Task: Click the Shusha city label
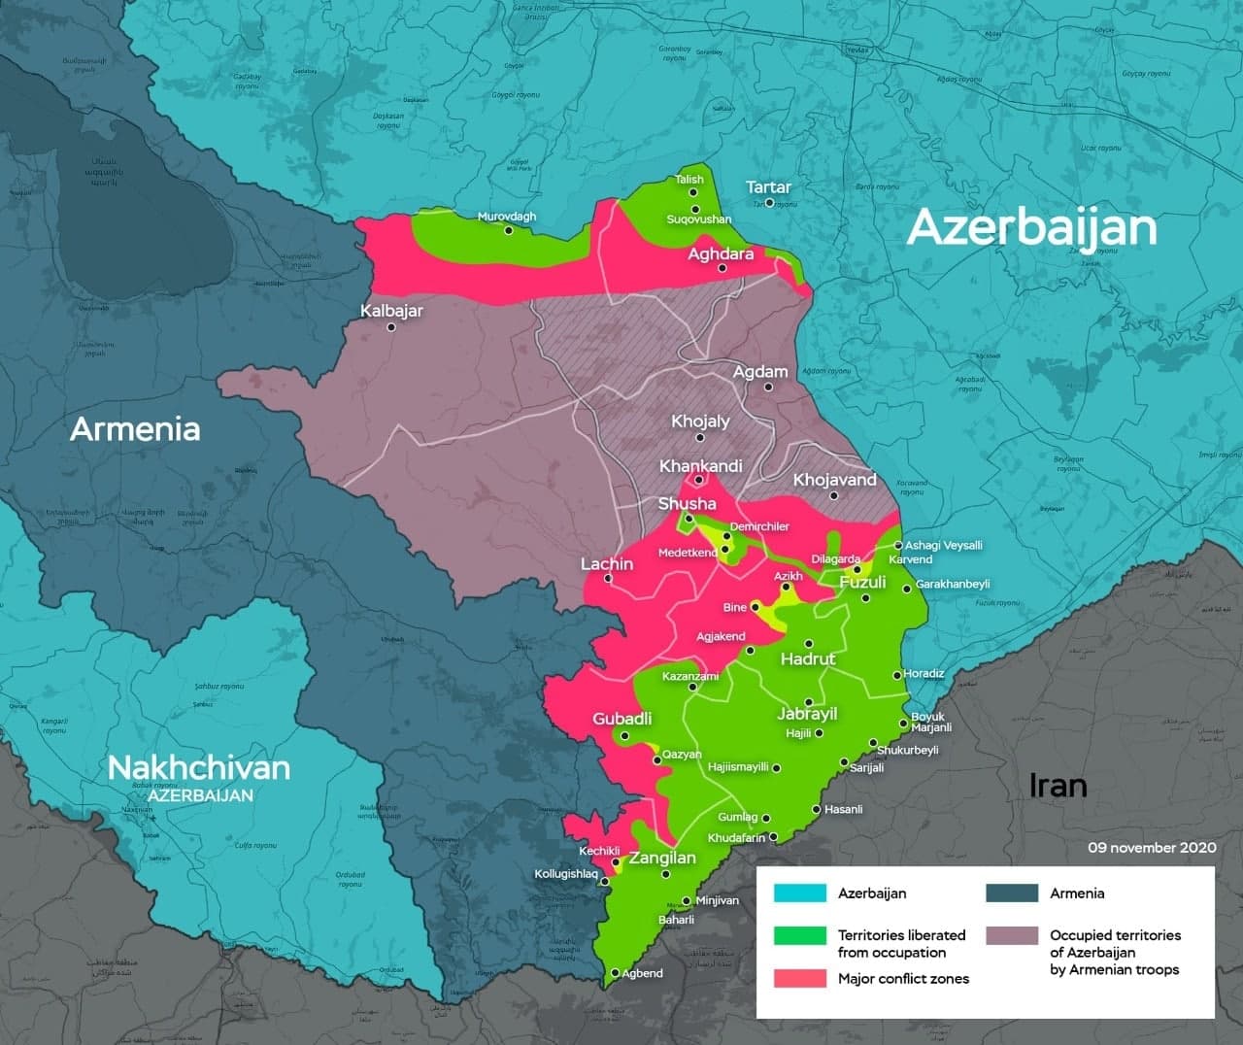pyautogui.click(x=687, y=503)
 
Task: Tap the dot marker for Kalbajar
pyautogui.click(x=391, y=328)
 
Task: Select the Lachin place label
pyautogui.click(x=606, y=563)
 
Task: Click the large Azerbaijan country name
pyautogui.click(x=1031, y=227)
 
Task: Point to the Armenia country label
pyautogui.click(x=135, y=428)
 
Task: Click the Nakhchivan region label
pyautogui.click(x=198, y=767)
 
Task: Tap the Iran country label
pyautogui.click(x=1058, y=785)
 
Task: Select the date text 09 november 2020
pyautogui.click(x=1151, y=847)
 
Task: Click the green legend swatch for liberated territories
pyautogui.click(x=799, y=935)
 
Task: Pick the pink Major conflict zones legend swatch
pyautogui.click(x=799, y=978)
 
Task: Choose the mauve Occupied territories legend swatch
pyautogui.click(x=1011, y=935)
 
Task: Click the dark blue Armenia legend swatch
pyautogui.click(x=1011, y=893)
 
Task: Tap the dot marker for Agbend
pyautogui.click(x=615, y=972)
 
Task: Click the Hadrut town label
pyautogui.click(x=808, y=658)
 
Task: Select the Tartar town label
pyautogui.click(x=768, y=186)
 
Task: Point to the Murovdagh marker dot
pyautogui.click(x=507, y=230)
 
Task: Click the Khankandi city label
pyautogui.click(x=700, y=466)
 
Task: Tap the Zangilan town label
pyautogui.click(x=662, y=858)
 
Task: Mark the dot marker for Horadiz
pyautogui.click(x=897, y=675)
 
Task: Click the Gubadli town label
pyautogui.click(x=621, y=719)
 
